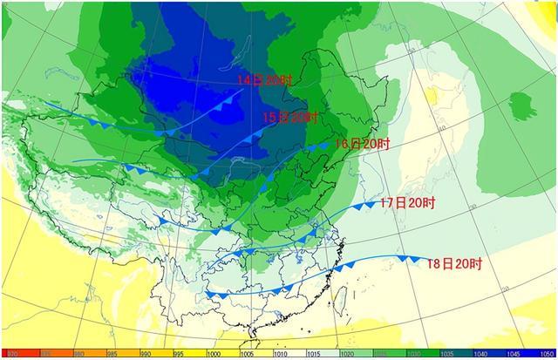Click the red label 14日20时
(265, 80)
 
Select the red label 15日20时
(291, 117)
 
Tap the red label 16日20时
(362, 143)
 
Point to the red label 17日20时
(406, 202)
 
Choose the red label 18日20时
(454, 262)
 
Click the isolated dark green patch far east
(522, 105)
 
